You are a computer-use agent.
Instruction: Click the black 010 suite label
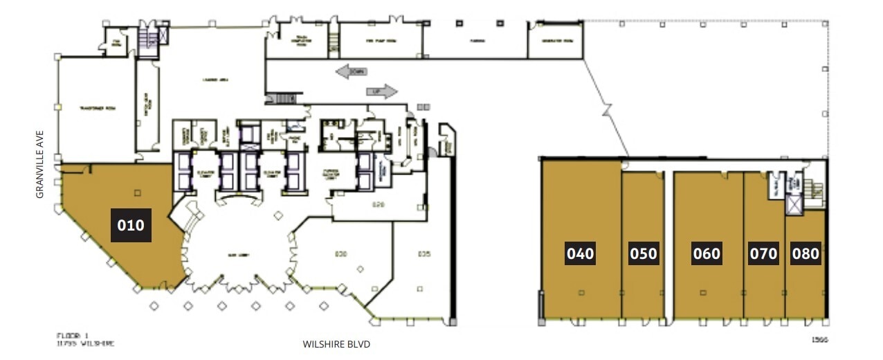pyautogui.click(x=131, y=225)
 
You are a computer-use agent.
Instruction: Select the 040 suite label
pyautogui.click(x=580, y=253)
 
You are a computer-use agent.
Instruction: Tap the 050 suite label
pyautogui.click(x=643, y=253)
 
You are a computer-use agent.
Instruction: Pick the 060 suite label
pyautogui.click(x=707, y=253)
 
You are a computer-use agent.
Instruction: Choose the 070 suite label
pyautogui.click(x=763, y=253)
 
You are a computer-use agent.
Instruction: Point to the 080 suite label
pyautogui.click(x=805, y=253)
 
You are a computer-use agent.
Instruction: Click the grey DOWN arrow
pyautogui.click(x=352, y=71)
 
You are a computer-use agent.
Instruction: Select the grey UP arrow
pyautogui.click(x=381, y=91)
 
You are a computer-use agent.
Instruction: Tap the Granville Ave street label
pyautogui.click(x=40, y=163)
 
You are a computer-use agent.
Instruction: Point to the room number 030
pyautogui.click(x=340, y=254)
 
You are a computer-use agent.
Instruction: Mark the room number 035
pyautogui.click(x=424, y=254)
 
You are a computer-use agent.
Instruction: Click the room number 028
pyautogui.click(x=378, y=205)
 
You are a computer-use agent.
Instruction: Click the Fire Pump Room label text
pyautogui.click(x=380, y=41)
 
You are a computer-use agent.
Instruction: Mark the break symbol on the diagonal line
pyautogui.click(x=607, y=110)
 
